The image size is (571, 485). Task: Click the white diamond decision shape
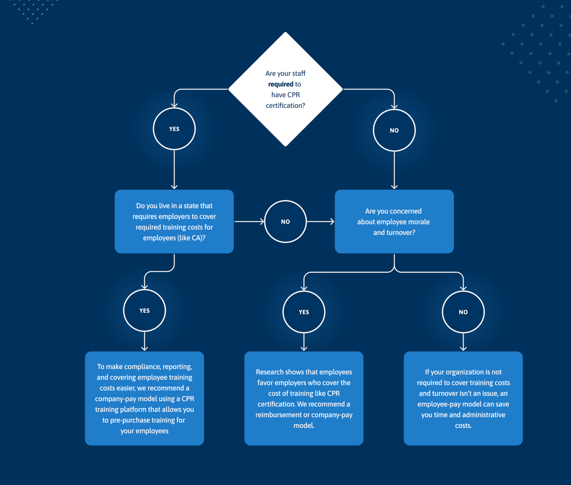coord(285,89)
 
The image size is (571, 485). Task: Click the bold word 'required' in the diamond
coord(281,84)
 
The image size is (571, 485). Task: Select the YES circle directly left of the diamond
coord(174,129)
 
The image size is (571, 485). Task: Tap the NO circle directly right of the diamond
coord(394,130)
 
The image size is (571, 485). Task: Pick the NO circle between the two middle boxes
coord(285,222)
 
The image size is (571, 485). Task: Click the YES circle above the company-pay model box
coord(145,310)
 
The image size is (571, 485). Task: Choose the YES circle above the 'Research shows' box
coord(304,312)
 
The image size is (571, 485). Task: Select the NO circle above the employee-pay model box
coord(463,312)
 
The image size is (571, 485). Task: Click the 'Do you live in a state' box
coord(174,222)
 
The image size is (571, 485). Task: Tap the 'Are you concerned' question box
coord(394,222)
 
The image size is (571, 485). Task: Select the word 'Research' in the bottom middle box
coord(270,372)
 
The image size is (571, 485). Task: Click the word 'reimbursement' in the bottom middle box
coord(278,415)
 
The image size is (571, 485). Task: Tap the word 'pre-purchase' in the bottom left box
coord(130,420)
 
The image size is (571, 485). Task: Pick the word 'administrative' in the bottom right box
coord(484,415)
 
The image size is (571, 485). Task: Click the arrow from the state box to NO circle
coord(249,222)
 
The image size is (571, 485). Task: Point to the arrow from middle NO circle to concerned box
coord(320,222)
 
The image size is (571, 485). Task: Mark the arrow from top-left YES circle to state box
coord(174,170)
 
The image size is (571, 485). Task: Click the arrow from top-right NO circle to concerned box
coord(394,170)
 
